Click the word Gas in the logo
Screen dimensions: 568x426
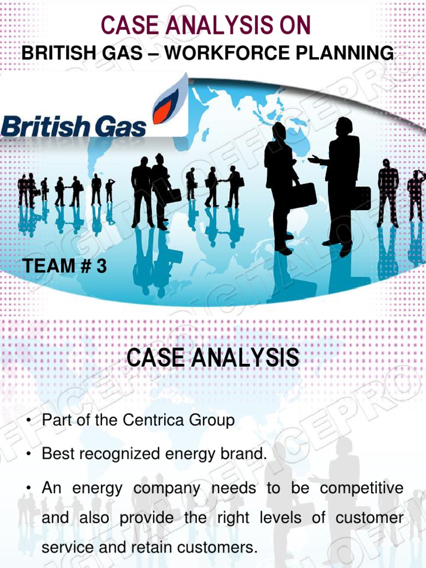[119, 126]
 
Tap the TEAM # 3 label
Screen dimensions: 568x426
[64, 267]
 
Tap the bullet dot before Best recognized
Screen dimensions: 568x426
[27, 455]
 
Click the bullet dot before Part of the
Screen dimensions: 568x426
[27, 421]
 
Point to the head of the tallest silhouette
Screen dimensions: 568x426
[344, 126]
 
